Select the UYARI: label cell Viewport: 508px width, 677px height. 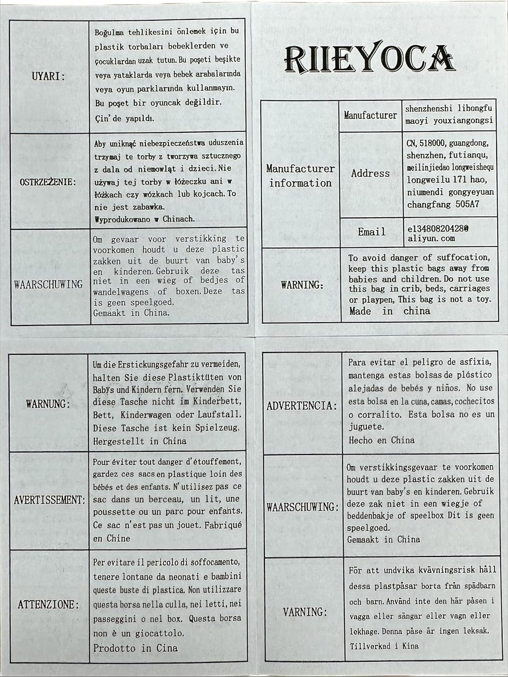pos(48,76)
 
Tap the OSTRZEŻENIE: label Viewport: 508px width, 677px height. pos(48,182)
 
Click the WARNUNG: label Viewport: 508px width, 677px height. pos(48,403)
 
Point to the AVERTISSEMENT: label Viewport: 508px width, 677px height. pos(49,500)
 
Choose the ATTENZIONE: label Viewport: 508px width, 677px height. pos(48,605)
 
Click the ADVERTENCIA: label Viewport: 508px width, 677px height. pos(302,405)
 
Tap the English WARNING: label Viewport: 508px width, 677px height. pos(302,285)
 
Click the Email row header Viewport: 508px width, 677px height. pos(372,232)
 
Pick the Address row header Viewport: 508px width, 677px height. pos(371,173)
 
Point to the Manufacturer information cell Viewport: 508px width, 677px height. pos(300,176)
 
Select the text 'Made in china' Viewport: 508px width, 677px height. pos(390,311)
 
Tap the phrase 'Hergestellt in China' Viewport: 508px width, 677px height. pos(140,441)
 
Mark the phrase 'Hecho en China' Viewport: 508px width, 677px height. pos(381,440)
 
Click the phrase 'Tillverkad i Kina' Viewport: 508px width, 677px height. pos(384,646)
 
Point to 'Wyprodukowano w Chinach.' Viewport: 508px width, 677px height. pos(145,219)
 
